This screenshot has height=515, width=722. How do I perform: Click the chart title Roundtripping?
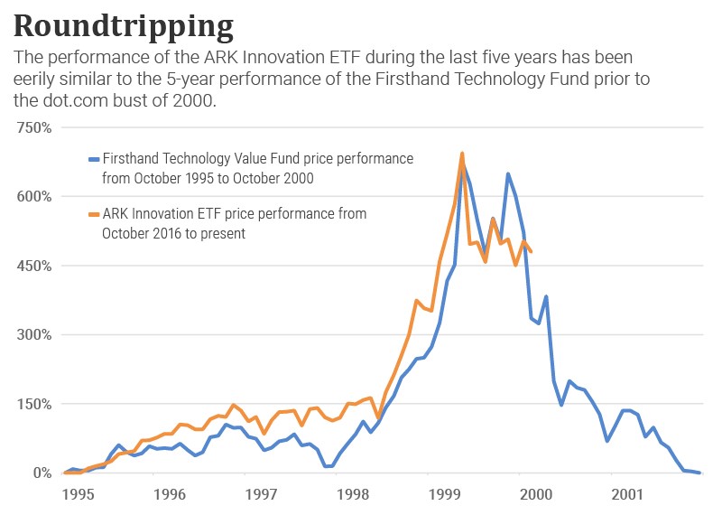(x=123, y=23)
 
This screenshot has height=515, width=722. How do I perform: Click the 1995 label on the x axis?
(x=78, y=495)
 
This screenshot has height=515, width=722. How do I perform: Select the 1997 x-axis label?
(x=261, y=495)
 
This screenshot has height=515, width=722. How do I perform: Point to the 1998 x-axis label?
(x=353, y=495)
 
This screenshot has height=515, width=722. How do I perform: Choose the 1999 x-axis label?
(x=445, y=495)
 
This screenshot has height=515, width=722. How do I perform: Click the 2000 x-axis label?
(x=536, y=495)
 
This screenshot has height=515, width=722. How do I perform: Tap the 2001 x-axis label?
(x=628, y=495)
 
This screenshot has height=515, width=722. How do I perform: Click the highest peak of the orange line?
(x=462, y=154)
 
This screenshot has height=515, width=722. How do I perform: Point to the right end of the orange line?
(x=532, y=251)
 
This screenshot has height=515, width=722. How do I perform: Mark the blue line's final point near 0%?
(x=699, y=473)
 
